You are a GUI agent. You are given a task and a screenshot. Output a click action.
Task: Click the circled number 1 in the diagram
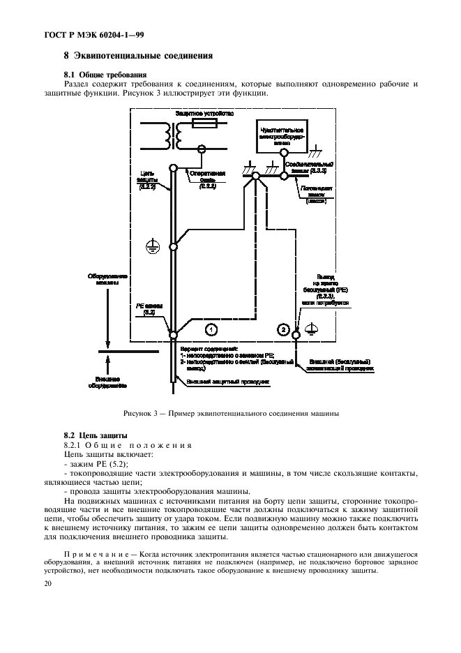(211, 328)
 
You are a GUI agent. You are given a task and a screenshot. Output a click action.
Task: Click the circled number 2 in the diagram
(283, 328)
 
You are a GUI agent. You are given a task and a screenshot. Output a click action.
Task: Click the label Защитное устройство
(204, 112)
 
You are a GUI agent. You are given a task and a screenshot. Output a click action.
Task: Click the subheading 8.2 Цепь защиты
(91, 435)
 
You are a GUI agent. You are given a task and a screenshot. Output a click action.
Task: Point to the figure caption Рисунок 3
(231, 413)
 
